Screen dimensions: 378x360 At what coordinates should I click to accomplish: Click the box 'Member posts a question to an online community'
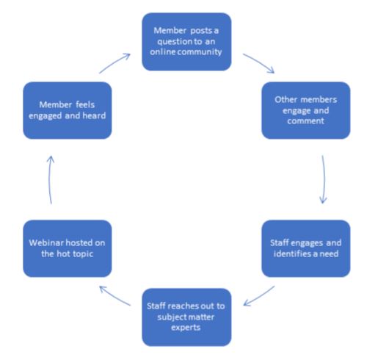(x=186, y=42)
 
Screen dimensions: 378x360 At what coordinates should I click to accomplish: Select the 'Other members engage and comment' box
(x=306, y=110)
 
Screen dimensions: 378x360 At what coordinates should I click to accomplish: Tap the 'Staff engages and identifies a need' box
(x=306, y=248)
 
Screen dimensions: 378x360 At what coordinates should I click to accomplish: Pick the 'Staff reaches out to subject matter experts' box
(x=186, y=317)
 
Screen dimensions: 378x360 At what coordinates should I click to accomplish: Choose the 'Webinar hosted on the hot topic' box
(x=68, y=248)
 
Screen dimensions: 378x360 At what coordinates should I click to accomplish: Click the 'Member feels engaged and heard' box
(x=68, y=110)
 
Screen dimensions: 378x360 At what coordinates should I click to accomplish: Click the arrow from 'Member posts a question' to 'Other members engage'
(x=259, y=62)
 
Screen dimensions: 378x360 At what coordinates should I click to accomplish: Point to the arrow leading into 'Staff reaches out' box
(x=259, y=296)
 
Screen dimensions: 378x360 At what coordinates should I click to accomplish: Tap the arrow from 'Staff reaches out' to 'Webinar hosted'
(x=115, y=296)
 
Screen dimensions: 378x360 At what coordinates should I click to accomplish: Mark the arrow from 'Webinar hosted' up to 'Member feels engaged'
(x=50, y=179)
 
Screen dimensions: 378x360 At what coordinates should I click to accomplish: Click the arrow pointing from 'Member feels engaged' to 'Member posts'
(x=115, y=63)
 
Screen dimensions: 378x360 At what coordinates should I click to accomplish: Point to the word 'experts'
(x=186, y=328)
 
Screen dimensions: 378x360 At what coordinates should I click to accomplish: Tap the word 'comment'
(x=306, y=120)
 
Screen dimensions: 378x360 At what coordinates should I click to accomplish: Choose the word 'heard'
(x=94, y=115)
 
